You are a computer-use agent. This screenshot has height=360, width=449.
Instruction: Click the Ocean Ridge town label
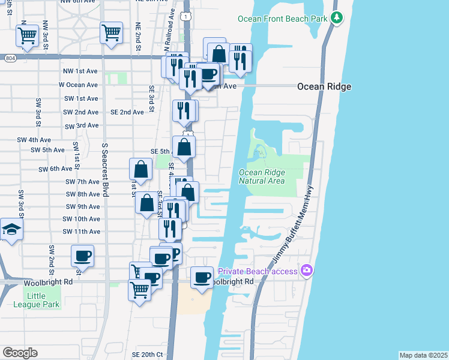tap(324, 87)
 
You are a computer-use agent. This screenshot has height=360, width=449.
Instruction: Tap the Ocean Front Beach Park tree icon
tap(337, 18)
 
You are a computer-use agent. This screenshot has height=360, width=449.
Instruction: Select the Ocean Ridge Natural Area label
tap(262, 176)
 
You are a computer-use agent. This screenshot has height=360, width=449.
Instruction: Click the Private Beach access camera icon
tap(307, 271)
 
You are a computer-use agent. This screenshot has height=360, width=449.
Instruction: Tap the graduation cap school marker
tap(11, 230)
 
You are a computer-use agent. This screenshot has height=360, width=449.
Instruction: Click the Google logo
tap(20, 352)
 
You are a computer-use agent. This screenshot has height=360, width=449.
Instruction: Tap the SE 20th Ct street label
tap(147, 355)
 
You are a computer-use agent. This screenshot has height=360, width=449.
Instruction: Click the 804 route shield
tap(9, 58)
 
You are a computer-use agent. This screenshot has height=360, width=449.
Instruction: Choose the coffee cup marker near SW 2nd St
tap(82, 256)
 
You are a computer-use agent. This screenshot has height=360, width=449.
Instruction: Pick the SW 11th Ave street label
tap(81, 232)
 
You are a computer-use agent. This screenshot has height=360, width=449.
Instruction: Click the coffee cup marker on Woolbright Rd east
tap(202, 277)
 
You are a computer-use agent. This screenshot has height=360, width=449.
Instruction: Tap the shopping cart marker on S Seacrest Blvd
tap(112, 32)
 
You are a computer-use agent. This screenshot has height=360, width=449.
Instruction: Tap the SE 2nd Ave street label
tap(127, 112)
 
